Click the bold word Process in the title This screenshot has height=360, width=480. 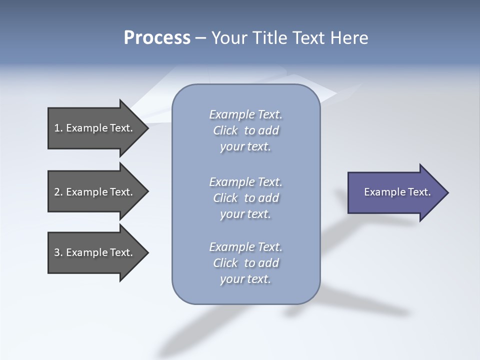click(157, 38)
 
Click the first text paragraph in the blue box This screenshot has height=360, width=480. click(245, 130)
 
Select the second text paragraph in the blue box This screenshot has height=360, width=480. click(245, 198)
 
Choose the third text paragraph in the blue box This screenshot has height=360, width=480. click(245, 263)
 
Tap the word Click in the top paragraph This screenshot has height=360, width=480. click(225, 131)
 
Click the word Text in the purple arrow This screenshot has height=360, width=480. click(419, 192)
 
